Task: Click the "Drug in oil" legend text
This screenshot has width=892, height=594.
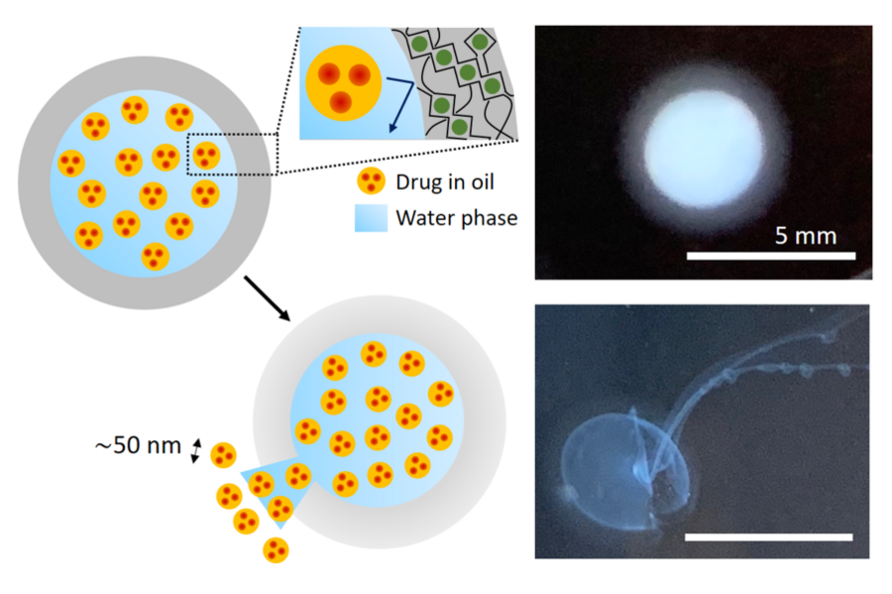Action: [445, 182]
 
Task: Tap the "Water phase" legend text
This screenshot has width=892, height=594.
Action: [457, 218]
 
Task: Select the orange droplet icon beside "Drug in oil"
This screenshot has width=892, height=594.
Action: [371, 180]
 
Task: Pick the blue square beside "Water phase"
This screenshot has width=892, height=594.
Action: [371, 218]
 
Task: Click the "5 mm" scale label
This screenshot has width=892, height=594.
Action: [806, 236]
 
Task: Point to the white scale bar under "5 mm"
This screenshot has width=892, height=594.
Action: [771, 256]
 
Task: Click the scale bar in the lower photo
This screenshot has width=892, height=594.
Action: [768, 537]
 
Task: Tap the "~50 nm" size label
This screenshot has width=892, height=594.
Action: [138, 445]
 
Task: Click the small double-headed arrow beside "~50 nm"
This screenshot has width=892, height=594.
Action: [196, 450]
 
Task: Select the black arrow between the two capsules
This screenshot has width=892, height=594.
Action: [268, 298]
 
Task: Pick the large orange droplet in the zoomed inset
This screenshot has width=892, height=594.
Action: [343, 83]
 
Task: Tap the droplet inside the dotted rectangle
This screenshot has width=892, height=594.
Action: [206, 156]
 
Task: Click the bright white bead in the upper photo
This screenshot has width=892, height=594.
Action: [704, 149]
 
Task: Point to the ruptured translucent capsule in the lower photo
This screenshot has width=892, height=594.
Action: [625, 470]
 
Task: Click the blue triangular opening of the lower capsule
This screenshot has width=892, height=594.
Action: [278, 489]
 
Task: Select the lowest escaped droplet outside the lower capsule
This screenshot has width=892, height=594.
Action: [276, 550]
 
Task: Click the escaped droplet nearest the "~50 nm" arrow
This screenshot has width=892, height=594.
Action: [224, 455]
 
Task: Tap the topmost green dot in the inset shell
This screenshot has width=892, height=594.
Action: [480, 41]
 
